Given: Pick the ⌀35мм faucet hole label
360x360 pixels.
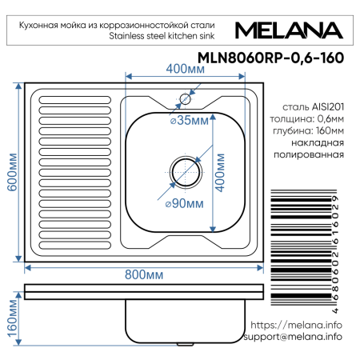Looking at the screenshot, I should click(x=189, y=121).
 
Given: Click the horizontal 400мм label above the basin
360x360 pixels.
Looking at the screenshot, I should click(x=183, y=69).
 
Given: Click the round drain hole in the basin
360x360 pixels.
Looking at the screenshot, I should click(x=185, y=170).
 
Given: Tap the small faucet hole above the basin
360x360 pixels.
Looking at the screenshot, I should click(x=185, y=98).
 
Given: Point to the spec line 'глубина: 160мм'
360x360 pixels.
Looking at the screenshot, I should click(x=312, y=131).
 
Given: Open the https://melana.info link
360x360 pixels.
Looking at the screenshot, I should click(x=296, y=325).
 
